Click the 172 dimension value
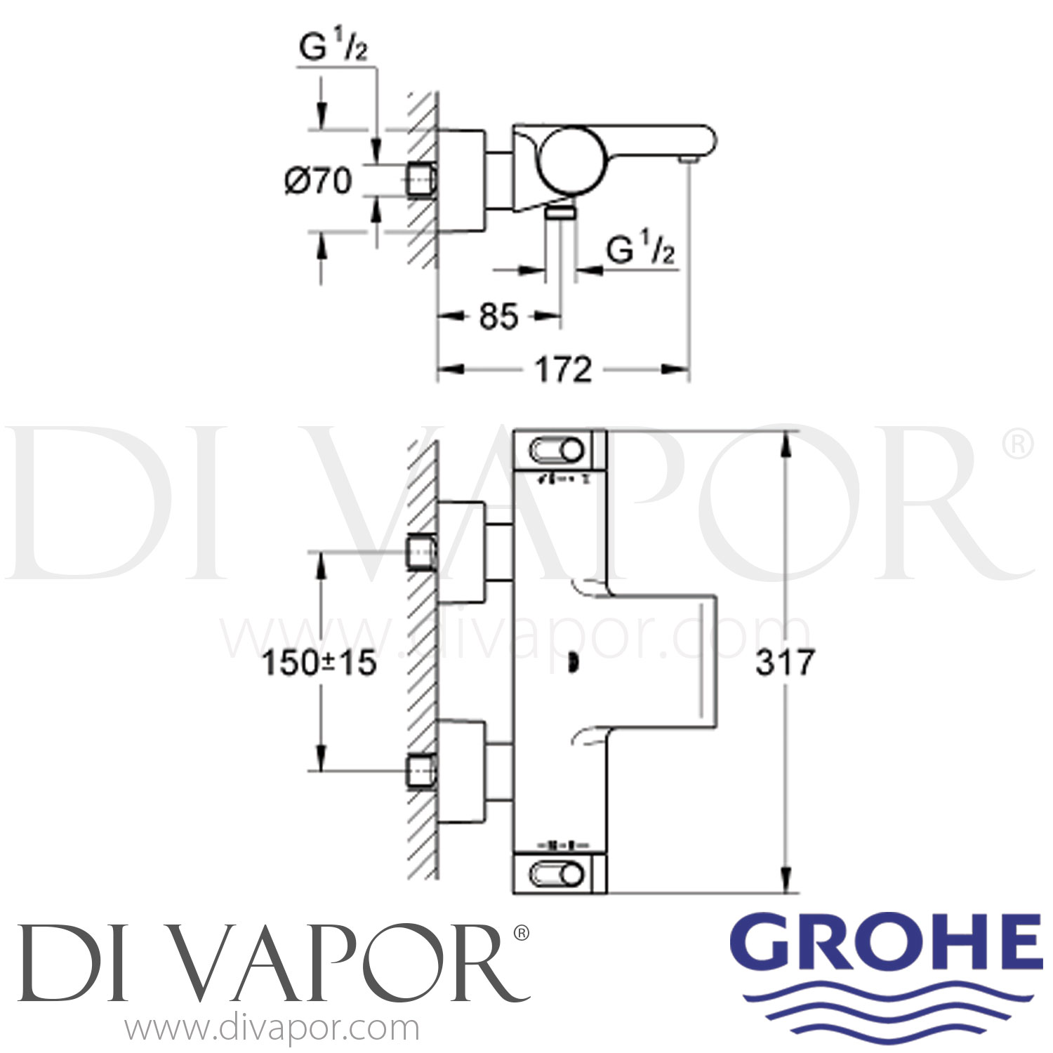[564, 369]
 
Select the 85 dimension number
[498, 317]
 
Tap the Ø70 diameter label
[318, 181]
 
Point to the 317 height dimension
[785, 662]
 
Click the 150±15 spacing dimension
[319, 663]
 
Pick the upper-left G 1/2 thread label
[333, 49]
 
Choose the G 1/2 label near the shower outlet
[640, 250]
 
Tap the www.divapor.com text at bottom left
[272, 1029]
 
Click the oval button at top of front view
[559, 450]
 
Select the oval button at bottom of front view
[559, 875]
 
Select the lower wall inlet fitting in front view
[423, 771]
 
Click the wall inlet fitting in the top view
[423, 180]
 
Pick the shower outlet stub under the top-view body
[561, 212]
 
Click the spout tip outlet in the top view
[688, 161]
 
